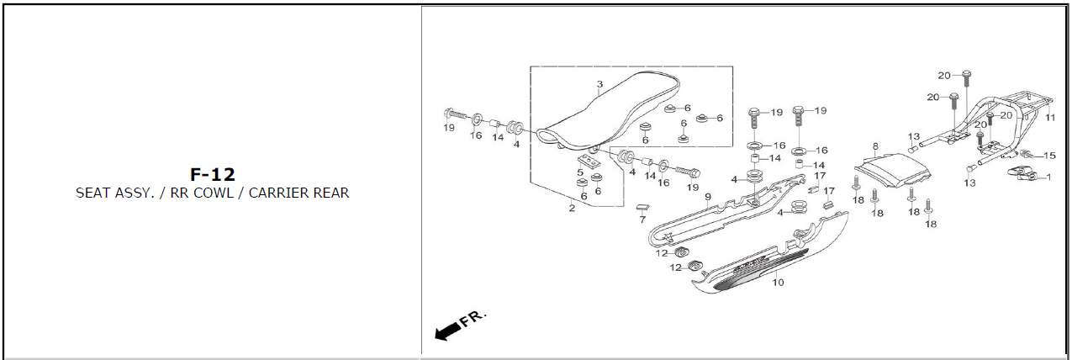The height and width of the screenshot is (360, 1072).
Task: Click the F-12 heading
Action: coord(212,174)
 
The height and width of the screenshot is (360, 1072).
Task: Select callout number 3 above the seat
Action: coord(599,85)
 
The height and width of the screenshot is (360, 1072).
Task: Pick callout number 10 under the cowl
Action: coord(778,283)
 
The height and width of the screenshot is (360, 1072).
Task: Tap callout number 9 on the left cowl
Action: coord(708,197)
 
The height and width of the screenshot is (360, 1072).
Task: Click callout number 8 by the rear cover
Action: coord(875,146)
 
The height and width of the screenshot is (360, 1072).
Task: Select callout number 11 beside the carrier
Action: coord(1049,119)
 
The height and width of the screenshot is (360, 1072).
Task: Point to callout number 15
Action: coord(1049,156)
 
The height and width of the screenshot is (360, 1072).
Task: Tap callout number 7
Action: coord(642,220)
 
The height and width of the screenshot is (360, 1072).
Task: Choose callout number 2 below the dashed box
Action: coord(572,209)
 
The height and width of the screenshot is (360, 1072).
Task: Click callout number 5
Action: coord(580,172)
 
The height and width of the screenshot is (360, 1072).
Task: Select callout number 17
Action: coord(820,176)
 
